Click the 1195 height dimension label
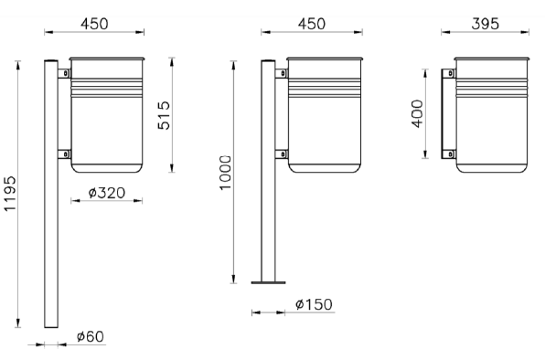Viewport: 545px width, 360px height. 10,194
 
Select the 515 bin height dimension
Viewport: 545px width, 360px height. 164,115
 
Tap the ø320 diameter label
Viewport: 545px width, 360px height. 107,193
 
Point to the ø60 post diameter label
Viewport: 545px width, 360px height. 90,336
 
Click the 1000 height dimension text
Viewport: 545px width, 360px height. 225,173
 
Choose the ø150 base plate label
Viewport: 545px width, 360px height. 314,304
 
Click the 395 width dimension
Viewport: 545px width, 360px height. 486,24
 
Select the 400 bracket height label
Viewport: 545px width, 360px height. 418,113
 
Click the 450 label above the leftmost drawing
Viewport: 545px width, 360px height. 94,24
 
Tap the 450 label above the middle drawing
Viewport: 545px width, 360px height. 312,24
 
